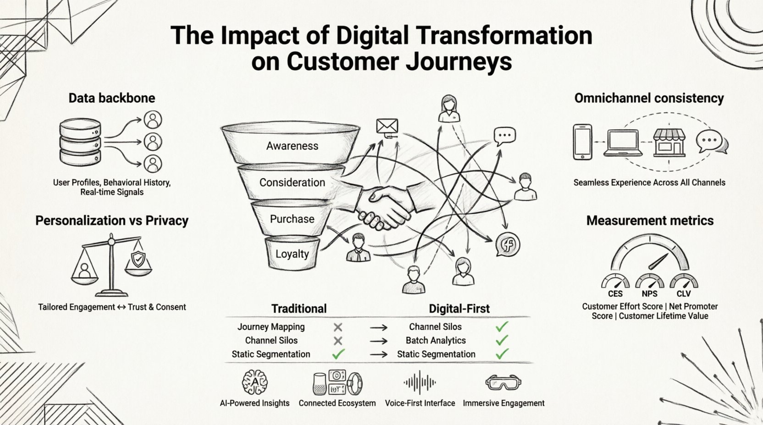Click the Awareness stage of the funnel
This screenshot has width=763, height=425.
292,146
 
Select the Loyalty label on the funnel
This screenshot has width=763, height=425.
292,254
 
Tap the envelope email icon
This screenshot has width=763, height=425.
387,126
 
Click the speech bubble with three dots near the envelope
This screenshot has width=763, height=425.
504,136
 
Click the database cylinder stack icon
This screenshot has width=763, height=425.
80,142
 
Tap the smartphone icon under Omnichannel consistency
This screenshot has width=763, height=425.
582,142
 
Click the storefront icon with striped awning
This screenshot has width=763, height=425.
669,142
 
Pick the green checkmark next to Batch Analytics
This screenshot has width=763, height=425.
502,340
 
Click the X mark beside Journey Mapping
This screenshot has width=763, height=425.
338,327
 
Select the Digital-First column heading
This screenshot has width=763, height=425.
459,309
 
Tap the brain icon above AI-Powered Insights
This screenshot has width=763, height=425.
254,382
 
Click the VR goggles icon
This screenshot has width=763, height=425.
503,382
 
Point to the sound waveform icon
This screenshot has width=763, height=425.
420,382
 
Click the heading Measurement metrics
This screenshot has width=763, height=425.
650,220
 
